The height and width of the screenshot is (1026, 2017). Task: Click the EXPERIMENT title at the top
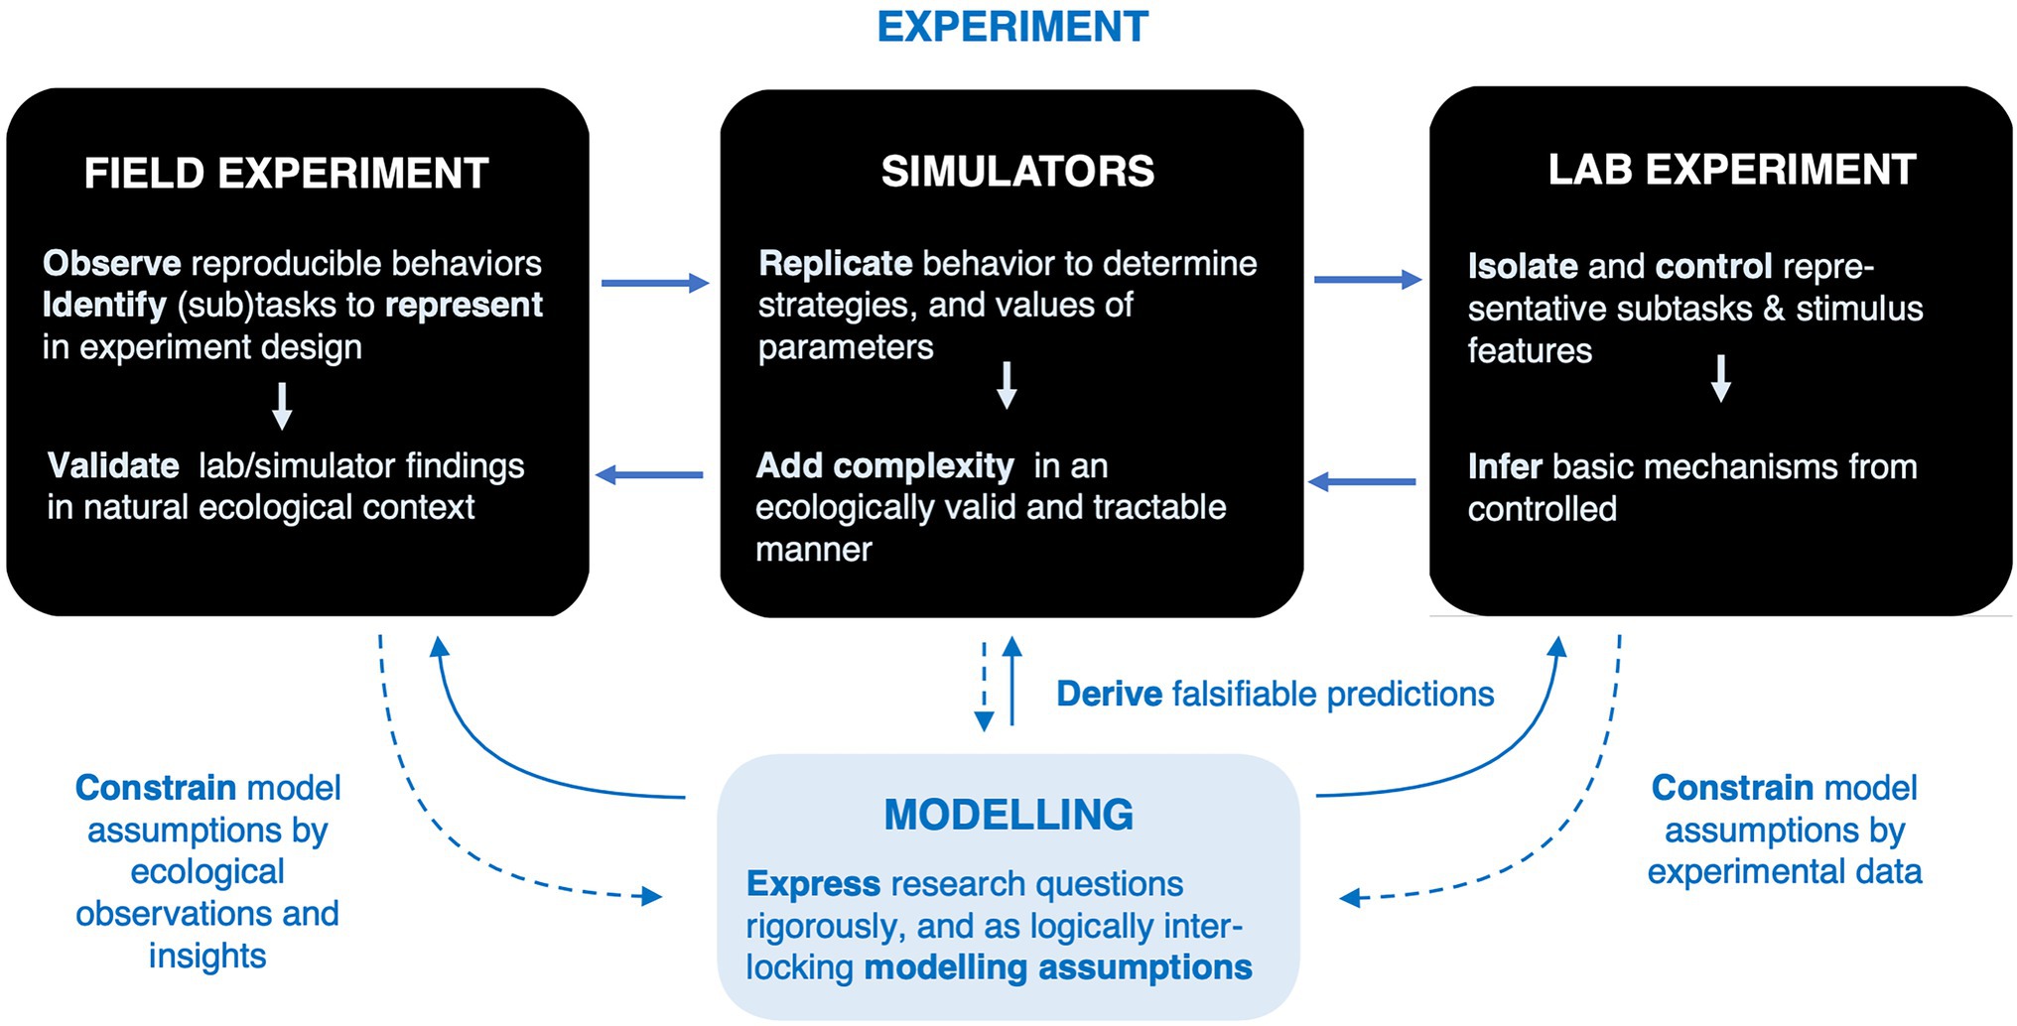tap(1012, 27)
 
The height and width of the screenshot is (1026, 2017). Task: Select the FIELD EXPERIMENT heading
tap(286, 174)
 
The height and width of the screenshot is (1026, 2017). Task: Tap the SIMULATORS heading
tap(1017, 172)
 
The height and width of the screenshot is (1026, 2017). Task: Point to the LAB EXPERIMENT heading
tap(1731, 170)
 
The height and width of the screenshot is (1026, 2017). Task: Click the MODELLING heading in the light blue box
tap(1008, 815)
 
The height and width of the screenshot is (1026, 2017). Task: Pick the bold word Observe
tap(111, 263)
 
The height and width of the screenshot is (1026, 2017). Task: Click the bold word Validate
tap(113, 465)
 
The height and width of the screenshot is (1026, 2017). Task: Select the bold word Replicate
tap(835, 263)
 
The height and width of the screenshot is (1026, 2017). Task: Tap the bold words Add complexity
tap(884, 465)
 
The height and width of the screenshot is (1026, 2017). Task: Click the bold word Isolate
tap(1522, 266)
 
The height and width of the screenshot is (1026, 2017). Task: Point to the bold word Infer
tap(1504, 466)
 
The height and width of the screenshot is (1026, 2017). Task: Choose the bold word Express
tap(813, 883)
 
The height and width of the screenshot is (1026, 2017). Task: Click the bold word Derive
tap(1109, 694)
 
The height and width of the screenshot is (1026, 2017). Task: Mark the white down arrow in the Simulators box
tap(1007, 385)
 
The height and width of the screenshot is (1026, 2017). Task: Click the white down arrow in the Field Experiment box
tap(282, 405)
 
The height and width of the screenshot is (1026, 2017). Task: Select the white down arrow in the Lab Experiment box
tap(1721, 378)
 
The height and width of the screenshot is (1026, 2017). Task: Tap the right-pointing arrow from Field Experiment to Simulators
tap(654, 284)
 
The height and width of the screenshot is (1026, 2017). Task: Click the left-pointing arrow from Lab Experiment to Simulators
tap(1362, 482)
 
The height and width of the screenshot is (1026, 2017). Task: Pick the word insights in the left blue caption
tap(207, 956)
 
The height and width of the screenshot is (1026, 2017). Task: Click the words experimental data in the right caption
tap(1784, 871)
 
